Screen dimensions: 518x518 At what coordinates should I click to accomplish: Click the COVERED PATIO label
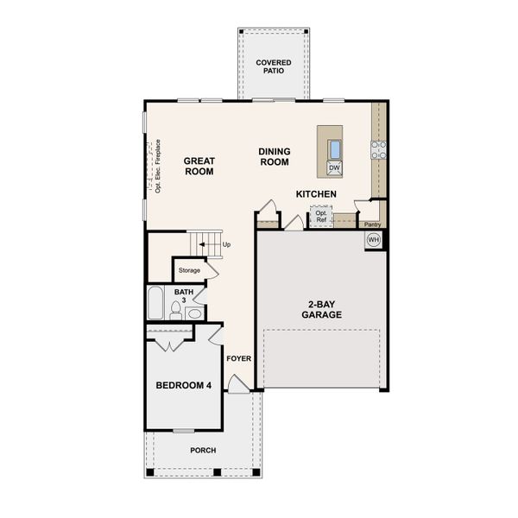pos(273,67)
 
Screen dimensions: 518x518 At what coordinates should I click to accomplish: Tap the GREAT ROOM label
pos(199,166)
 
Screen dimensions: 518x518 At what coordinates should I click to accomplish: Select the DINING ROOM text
pos(275,157)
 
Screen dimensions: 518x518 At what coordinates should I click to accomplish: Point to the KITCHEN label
pos(316,194)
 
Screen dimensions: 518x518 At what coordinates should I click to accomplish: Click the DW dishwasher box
pos(333,167)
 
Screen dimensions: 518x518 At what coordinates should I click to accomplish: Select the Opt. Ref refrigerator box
pos(322,216)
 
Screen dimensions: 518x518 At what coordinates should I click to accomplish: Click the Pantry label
pos(372,224)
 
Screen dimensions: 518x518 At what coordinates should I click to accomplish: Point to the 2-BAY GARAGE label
pos(321,309)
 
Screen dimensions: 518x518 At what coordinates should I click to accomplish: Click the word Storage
pos(189,270)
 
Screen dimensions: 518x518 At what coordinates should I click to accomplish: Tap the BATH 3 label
pos(184,296)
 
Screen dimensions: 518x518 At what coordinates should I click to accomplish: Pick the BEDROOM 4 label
pos(182,385)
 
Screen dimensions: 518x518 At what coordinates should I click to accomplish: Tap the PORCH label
pos(203,451)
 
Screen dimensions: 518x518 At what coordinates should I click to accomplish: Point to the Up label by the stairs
pos(227,244)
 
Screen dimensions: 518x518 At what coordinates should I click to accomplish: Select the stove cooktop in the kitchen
pos(378,150)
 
